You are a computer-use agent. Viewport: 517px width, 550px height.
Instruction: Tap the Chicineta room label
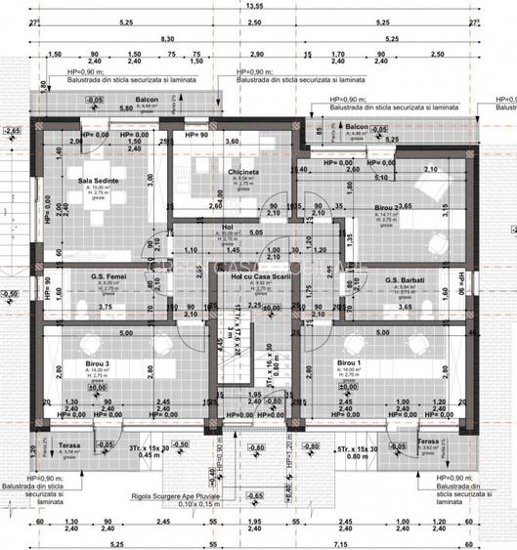point(243,172)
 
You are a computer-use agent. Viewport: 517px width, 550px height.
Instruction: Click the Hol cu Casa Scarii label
point(256,278)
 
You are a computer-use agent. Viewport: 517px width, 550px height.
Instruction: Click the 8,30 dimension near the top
point(168,39)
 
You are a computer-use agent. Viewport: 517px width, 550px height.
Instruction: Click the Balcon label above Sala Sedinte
point(147,99)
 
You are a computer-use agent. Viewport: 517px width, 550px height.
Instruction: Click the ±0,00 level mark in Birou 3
point(97,387)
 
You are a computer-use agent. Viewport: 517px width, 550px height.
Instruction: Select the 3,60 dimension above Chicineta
point(233,143)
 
